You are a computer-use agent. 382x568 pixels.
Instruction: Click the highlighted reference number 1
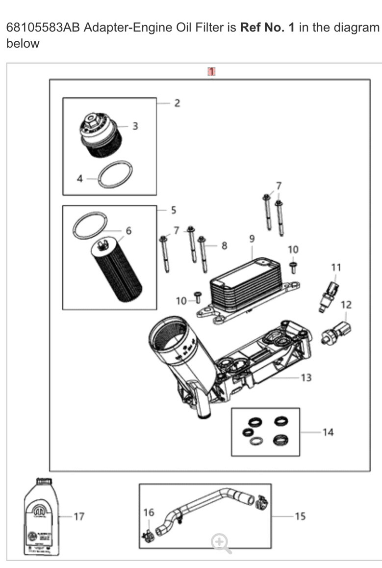point(211,72)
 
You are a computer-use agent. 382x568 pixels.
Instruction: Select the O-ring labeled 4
point(115,174)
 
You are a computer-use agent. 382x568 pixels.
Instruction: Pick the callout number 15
point(300,516)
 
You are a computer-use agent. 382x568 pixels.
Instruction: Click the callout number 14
point(328,432)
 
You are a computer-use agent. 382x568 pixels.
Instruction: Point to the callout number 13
point(306,378)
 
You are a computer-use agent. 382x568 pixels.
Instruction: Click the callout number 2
point(177,103)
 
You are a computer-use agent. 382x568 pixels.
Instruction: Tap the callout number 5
point(174,211)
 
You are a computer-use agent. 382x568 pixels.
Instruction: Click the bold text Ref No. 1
point(267,27)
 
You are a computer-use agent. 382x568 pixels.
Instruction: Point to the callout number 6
point(128,231)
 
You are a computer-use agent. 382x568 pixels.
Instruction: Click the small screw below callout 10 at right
point(293,267)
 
